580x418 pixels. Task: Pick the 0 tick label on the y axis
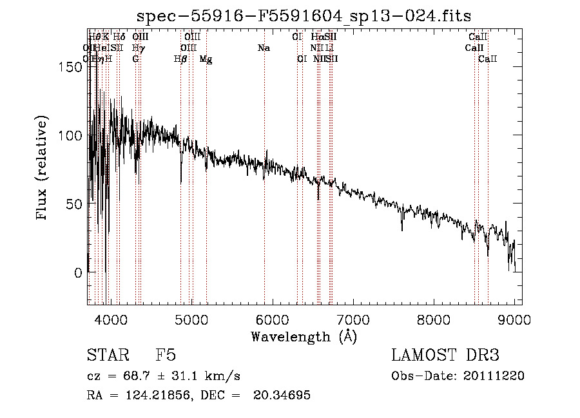coord(77,272)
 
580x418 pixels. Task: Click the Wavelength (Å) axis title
coord(304,336)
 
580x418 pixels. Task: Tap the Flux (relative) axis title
coord(43,169)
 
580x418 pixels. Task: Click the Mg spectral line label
coord(206,59)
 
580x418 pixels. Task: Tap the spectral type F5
coord(166,356)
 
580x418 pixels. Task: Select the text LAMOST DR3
coord(445,356)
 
